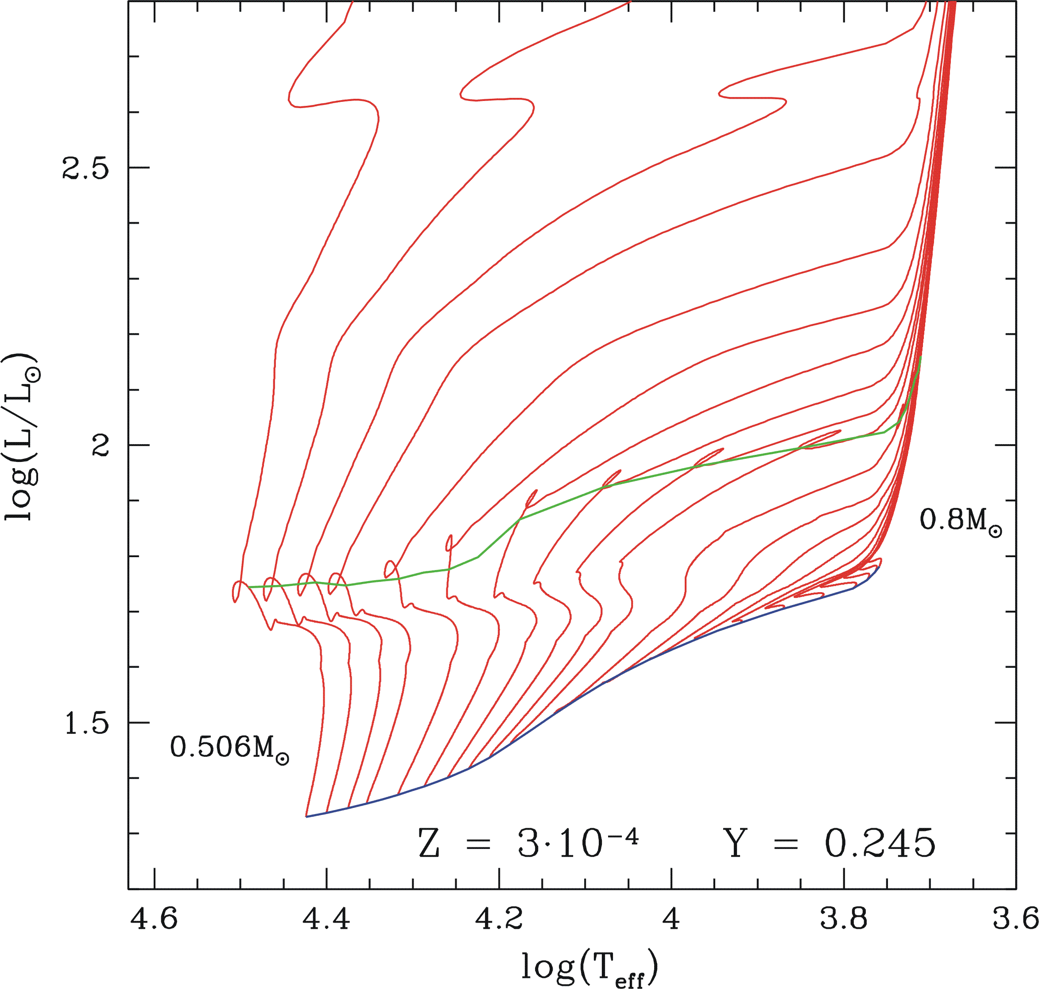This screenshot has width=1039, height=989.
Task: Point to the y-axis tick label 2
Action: coord(100,446)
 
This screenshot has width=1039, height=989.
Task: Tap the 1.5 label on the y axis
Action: coord(86,724)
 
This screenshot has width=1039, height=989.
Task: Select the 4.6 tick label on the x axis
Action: coord(154,919)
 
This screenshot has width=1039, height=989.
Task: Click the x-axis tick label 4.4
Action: coord(326,919)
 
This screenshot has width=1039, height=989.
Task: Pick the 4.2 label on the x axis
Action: coord(499,919)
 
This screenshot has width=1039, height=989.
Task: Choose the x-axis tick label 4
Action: coord(671,919)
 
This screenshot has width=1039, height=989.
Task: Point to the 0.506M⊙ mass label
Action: coord(229,748)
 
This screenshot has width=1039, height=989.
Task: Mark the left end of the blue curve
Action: coord(306,817)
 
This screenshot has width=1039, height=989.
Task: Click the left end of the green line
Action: coord(248,587)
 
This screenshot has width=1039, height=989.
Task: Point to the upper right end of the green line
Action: coord(920,357)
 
